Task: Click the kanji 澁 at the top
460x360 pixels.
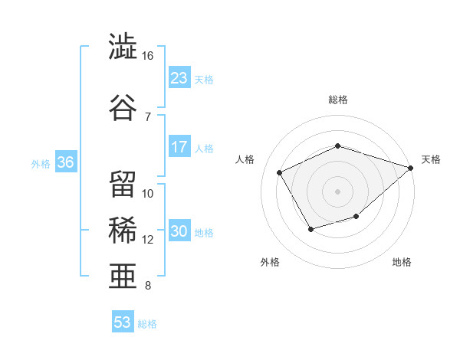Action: coord(123,46)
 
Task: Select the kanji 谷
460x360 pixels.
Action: coord(123,107)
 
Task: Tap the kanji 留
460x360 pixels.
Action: coord(123,184)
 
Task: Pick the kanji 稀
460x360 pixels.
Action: coord(123,230)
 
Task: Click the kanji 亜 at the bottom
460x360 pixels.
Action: coord(123,276)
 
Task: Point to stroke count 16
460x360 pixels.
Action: coord(147,56)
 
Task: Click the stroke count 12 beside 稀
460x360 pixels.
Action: coord(147,240)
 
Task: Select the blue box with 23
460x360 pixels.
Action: coord(179,77)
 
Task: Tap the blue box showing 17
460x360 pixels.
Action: coord(179,146)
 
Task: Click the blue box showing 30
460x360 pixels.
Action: coord(179,230)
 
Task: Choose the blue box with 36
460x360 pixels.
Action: coord(66,162)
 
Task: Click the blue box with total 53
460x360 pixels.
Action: coord(123,321)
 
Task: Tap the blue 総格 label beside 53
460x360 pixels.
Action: coord(147,324)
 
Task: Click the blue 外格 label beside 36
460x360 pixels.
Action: coord(41,164)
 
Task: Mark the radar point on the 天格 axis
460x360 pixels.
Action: coord(410,168)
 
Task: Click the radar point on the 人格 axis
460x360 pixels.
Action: coord(280,172)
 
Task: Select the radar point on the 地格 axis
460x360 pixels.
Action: coord(356,216)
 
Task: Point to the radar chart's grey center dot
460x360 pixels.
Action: coord(337,191)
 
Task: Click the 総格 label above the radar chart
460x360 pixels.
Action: coord(338,100)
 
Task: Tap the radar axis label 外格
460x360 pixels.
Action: coord(270,262)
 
